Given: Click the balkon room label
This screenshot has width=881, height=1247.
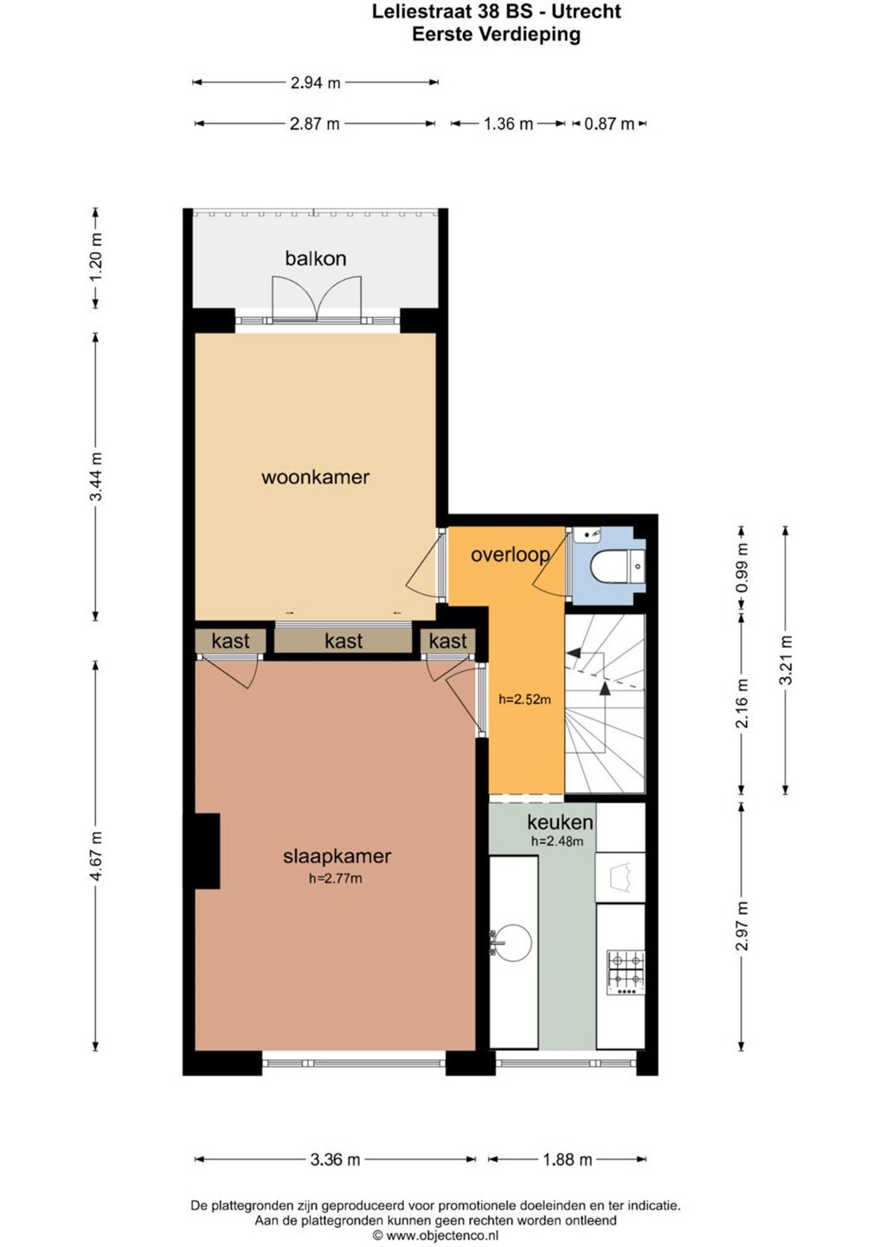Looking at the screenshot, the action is click(x=315, y=258).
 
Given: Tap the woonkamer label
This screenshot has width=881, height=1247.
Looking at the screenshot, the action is click(x=315, y=477).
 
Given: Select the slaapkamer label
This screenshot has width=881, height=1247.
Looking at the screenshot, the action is click(x=337, y=856).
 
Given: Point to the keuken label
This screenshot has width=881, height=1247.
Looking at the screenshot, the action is click(x=560, y=823).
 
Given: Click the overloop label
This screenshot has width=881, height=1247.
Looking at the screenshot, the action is click(x=511, y=555).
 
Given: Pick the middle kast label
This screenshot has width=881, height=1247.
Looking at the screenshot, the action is click(x=344, y=641).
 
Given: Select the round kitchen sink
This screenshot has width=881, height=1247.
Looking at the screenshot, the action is click(x=511, y=944).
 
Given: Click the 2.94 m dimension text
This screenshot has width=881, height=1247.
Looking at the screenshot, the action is click(x=315, y=83).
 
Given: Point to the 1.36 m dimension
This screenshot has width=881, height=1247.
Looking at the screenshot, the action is click(x=508, y=124).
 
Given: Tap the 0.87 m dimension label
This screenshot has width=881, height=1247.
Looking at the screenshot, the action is click(x=609, y=124).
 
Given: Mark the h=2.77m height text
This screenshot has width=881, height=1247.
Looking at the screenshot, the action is click(x=336, y=878).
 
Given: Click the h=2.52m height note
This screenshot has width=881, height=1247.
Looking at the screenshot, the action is click(x=524, y=699).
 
